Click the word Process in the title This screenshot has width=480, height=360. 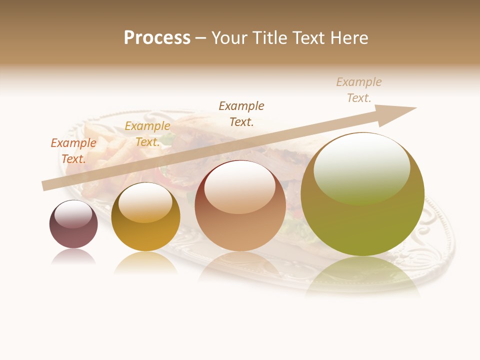157,38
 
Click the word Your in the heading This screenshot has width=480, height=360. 228,38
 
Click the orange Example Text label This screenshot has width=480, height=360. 73,150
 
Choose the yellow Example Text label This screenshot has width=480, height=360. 147,134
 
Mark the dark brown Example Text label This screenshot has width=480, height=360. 241,113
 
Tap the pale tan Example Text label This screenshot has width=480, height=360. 359,89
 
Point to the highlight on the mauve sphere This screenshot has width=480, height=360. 73,213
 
